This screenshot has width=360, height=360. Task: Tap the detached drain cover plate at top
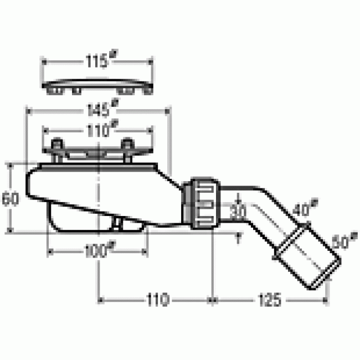99,85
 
